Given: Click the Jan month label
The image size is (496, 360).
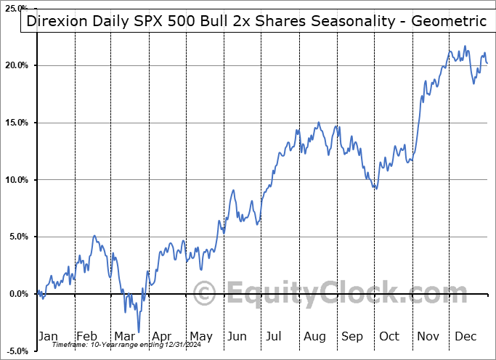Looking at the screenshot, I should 47,336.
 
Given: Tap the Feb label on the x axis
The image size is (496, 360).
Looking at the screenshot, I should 86,336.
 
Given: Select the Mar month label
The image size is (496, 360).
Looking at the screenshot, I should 124,336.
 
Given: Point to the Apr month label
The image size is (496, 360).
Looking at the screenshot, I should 162,336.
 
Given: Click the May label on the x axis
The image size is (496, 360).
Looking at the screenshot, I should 200,336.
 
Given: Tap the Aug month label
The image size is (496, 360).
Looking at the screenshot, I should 314,336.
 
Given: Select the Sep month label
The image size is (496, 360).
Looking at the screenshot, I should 352,336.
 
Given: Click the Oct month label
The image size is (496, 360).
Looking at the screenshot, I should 390,336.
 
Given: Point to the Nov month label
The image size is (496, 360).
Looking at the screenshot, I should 428,336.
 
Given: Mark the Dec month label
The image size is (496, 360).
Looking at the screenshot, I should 466,336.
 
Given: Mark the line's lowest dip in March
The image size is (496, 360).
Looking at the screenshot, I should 138,332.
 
